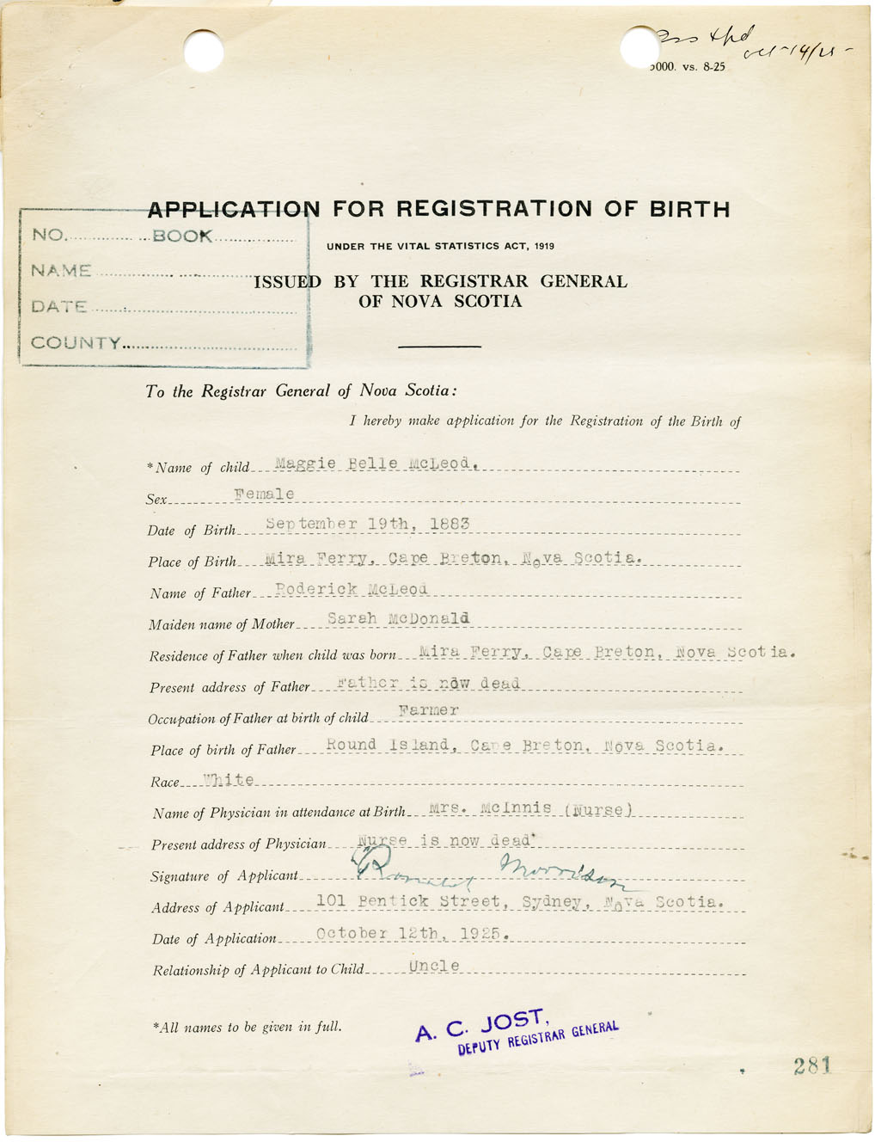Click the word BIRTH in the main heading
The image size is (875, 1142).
coord(688,209)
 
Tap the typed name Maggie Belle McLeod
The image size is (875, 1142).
coord(374,464)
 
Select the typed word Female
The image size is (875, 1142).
coord(264,494)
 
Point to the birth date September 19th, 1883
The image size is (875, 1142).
coord(367,524)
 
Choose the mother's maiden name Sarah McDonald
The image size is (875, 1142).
coord(398,618)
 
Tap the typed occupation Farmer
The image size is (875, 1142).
coord(429,710)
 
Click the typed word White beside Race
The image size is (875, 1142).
coord(229,780)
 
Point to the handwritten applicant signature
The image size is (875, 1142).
coord(490,872)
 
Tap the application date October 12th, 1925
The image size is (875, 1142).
coord(412,933)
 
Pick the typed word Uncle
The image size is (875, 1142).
coord(434,966)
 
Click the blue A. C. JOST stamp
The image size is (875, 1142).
coord(516,1030)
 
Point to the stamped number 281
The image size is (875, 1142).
coord(812,1066)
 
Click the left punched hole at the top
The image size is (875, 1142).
coord(204,50)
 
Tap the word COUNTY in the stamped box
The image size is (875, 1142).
coord(76,342)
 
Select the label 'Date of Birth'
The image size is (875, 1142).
coord(191,531)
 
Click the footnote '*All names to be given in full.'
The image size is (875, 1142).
coord(247,1027)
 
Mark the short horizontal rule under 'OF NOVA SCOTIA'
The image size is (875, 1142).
coord(439,347)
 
